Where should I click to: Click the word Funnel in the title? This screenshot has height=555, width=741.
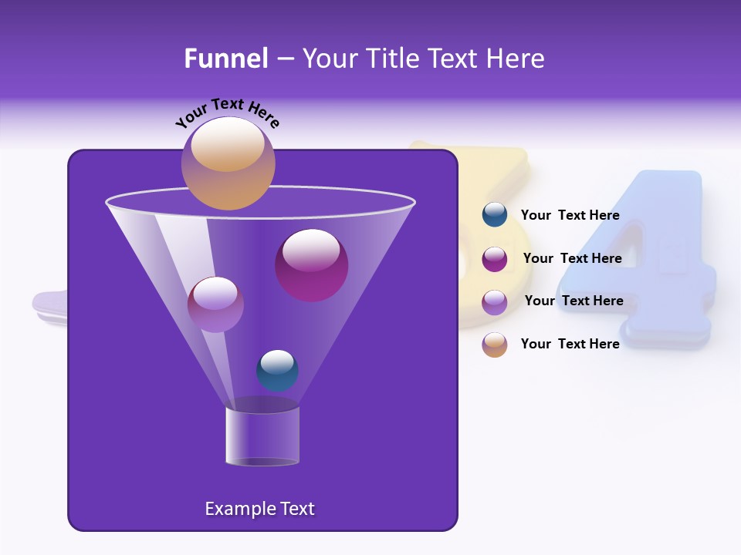point(225,59)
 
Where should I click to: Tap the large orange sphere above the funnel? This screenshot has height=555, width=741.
point(228,163)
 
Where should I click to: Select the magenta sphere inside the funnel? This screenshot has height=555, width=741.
point(311,265)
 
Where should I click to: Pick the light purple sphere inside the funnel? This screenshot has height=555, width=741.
point(215,304)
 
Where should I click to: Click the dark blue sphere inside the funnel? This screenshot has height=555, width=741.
point(277,370)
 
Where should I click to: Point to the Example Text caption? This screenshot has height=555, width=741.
point(259,509)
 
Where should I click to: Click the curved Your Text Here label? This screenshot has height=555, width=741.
point(227,113)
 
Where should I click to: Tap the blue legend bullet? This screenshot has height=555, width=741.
point(494,215)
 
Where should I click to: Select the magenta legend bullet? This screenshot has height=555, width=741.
point(494,258)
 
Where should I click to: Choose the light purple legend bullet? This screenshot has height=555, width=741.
point(494,301)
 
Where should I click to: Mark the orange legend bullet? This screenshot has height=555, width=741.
point(494,345)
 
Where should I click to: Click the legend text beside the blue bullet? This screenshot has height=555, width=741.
point(570,215)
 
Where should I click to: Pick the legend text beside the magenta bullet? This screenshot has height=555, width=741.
point(572,258)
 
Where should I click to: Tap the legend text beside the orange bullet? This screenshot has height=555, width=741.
point(570,344)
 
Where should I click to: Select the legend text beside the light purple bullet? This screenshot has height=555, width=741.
point(574,301)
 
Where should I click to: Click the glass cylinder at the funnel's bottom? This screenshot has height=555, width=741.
point(262,436)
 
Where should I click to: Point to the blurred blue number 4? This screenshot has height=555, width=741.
point(664,262)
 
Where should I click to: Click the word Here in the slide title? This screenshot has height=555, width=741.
point(515,59)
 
